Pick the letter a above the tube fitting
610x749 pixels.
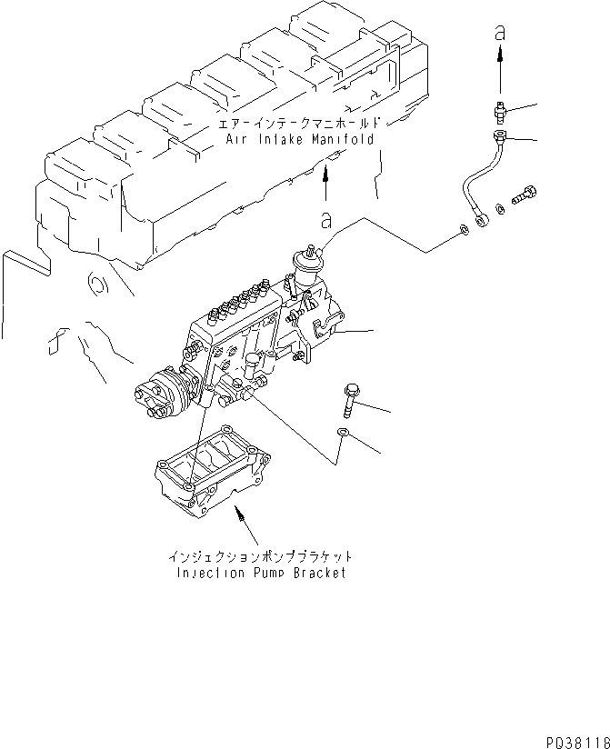click(499, 32)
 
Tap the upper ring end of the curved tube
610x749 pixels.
click(499, 137)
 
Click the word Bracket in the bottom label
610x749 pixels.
click(316, 574)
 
